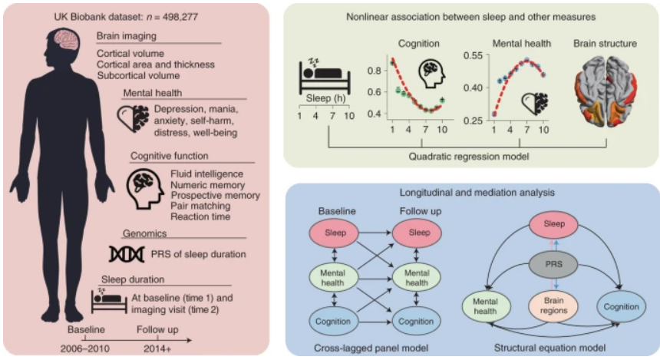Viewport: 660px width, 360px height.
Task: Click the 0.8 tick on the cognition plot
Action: [373, 71]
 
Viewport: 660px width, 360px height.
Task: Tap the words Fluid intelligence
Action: [196, 175]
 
